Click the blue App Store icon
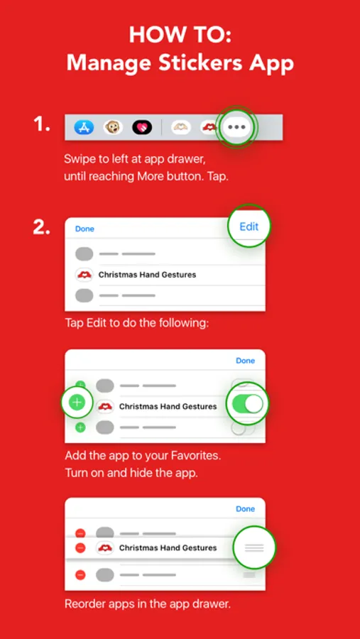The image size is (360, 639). (84, 128)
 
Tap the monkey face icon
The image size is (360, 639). (113, 128)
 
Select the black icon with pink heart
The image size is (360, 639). (142, 128)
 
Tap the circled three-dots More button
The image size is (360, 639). (237, 127)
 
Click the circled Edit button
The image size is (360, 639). (249, 226)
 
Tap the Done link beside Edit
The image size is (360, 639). (84, 229)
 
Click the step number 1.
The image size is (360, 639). (42, 124)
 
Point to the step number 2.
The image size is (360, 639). (42, 228)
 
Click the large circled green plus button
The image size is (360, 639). (77, 403)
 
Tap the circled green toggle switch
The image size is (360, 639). (248, 403)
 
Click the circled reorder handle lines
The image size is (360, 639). (254, 547)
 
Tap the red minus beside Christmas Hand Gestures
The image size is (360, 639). (81, 548)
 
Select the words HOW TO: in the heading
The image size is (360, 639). (180, 35)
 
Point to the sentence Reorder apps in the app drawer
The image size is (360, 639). (148, 603)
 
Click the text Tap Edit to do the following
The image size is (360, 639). (137, 324)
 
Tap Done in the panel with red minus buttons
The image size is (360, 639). (246, 509)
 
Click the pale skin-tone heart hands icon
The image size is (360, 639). (180, 128)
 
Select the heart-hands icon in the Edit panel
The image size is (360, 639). (84, 275)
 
